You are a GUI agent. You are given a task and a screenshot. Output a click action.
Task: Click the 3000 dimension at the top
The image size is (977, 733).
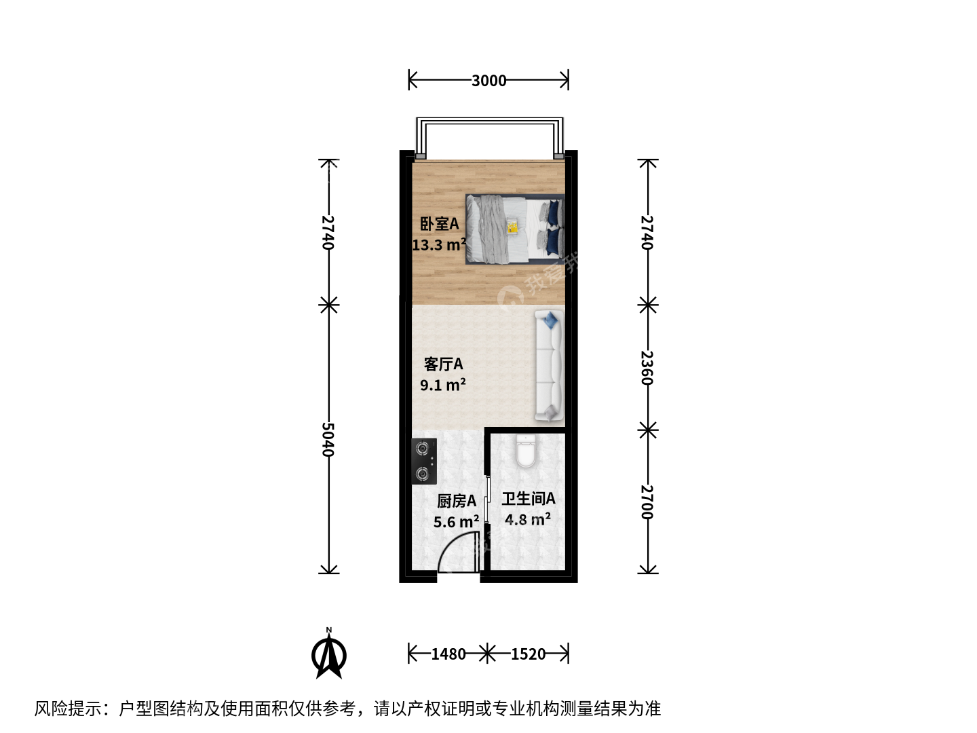coord(488,81)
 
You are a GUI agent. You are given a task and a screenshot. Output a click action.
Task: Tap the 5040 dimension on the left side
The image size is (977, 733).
coord(328,439)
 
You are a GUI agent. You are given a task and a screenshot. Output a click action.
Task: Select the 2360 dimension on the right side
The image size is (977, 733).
coord(647,368)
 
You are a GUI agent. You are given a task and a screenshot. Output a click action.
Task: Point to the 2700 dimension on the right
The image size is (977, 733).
coord(647,502)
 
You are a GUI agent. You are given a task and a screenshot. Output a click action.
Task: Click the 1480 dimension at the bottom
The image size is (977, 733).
coord(448,654)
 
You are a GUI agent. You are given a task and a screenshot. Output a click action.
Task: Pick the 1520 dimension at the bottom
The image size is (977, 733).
coord(528,654)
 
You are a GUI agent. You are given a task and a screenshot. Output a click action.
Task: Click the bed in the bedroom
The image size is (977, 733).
coord(515,229)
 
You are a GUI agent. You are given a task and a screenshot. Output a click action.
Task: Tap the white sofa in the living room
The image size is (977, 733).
coord(550,365)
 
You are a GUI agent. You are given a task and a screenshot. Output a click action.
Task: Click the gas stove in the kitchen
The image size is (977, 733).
coord(424,461)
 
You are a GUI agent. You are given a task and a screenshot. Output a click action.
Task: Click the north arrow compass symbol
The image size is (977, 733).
coord(329,654)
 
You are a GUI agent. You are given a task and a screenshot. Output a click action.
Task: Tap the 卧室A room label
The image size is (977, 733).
coord(440,223)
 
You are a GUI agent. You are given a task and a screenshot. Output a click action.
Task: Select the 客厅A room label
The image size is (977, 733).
coord(443,364)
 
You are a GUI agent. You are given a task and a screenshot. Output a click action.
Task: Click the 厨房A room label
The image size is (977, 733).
coord(457,501)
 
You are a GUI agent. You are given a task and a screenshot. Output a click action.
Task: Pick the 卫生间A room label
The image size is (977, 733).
coord(529,498)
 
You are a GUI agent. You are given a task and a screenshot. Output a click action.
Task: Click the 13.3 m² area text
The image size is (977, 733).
coord(439,244)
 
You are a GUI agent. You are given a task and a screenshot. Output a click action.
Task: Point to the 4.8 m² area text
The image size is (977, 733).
coord(528,519)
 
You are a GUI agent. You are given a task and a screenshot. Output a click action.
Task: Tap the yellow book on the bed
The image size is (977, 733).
coord(513,226)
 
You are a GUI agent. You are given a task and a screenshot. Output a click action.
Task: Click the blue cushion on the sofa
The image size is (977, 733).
coord(551,320)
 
